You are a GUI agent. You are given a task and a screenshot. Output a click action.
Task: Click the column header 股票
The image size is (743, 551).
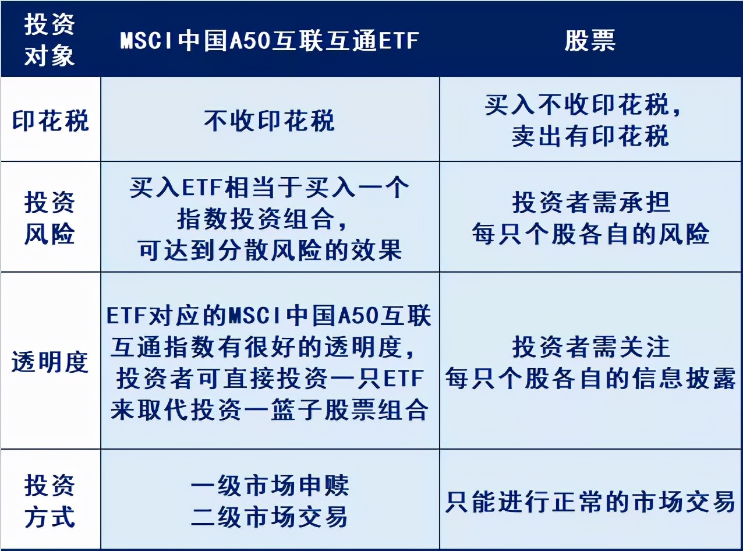point(590,41)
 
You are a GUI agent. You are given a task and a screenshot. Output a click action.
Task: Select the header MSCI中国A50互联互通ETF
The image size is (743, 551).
point(270,41)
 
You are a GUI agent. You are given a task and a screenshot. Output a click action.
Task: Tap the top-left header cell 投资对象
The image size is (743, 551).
point(49,40)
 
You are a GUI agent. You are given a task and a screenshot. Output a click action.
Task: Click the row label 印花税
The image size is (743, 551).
point(51,121)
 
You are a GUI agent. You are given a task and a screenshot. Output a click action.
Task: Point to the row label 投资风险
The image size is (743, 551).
point(49,218)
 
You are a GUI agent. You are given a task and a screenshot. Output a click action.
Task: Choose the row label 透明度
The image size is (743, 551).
point(50,362)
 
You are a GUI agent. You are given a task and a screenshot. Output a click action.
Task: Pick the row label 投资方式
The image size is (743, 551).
point(49,501)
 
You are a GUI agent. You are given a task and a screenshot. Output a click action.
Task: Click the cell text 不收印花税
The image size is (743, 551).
point(270,121)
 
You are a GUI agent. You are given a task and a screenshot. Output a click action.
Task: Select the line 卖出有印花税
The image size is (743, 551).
point(590,136)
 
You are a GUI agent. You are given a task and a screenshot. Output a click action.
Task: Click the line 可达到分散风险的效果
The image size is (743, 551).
point(270,250)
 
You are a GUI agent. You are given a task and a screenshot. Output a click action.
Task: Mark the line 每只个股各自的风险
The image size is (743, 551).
point(590,234)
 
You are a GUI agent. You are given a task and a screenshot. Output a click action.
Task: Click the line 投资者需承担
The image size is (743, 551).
point(591,203)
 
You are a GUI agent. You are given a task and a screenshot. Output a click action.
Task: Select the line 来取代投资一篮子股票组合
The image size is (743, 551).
point(270,409)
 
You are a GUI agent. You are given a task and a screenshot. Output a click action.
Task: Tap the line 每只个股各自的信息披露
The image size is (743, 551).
point(590,379)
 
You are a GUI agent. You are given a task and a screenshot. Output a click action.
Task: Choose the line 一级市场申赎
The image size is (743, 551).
point(270,486)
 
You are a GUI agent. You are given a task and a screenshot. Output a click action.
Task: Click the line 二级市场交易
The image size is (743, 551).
point(270,517)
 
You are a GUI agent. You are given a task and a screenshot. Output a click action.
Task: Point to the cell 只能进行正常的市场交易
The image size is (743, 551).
point(590,501)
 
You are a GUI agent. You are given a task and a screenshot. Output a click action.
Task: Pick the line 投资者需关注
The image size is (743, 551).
point(591,347)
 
